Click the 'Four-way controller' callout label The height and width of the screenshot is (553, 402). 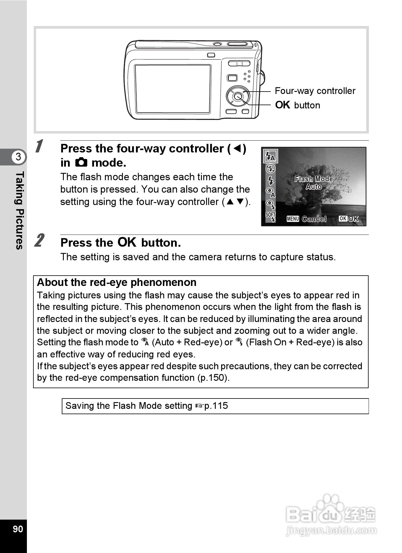(x=315, y=91)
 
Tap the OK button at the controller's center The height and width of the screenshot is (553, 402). (x=238, y=96)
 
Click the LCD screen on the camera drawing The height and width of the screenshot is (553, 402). (x=173, y=89)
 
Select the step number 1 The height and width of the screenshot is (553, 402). (x=39, y=147)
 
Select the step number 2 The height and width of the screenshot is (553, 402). (x=39, y=240)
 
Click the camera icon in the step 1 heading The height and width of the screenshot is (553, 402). (x=81, y=162)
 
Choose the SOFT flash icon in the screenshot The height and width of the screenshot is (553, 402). (x=270, y=217)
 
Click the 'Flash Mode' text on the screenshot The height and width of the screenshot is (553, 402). (x=314, y=179)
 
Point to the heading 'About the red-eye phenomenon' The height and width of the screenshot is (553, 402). (x=117, y=282)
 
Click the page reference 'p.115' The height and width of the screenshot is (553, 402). (x=216, y=406)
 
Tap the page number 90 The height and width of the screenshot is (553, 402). (x=18, y=528)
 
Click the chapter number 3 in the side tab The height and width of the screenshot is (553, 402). (x=18, y=157)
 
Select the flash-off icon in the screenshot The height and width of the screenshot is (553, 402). (x=270, y=169)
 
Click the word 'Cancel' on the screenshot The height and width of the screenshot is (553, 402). (x=314, y=219)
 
